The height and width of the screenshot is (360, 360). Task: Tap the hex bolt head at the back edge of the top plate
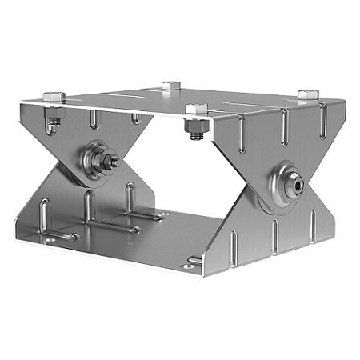pos(170,86)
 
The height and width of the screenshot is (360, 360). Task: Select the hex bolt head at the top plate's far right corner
pos(308,94)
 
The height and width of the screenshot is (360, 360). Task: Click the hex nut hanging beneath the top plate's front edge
pos(195,126)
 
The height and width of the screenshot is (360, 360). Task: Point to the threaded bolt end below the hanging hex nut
pos(196,139)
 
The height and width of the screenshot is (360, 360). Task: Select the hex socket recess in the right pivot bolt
pos(297,185)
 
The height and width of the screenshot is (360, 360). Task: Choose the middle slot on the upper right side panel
pos(282,126)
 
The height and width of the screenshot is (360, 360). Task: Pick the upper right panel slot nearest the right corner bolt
pos(322,120)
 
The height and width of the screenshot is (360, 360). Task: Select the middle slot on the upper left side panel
pos(95,121)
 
